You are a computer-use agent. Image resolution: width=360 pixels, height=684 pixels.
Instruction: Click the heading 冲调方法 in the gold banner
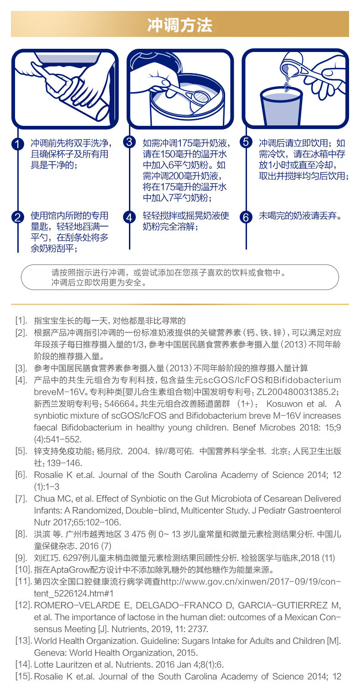tap(180, 25)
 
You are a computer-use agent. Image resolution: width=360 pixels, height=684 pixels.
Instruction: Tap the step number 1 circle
tap(17, 144)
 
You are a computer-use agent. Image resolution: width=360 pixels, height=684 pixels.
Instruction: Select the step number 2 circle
tap(17, 217)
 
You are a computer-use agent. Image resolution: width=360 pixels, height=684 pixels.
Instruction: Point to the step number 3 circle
tap(129, 142)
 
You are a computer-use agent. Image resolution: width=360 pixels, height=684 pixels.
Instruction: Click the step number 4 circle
tap(129, 217)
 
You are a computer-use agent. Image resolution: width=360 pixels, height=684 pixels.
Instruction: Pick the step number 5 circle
tap(246, 142)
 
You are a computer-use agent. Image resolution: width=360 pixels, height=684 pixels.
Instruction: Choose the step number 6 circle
tap(246, 217)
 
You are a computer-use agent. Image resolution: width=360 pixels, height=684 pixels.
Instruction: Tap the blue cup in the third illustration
tap(281, 109)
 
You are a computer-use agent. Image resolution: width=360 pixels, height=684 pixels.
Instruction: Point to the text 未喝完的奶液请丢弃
tap(300, 215)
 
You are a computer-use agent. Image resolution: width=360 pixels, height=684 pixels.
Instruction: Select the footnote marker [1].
tap(21, 321)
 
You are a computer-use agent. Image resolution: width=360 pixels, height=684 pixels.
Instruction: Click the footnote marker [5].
tap(21, 451)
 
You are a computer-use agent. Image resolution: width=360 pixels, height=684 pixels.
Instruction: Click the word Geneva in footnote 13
tap(47, 653)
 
